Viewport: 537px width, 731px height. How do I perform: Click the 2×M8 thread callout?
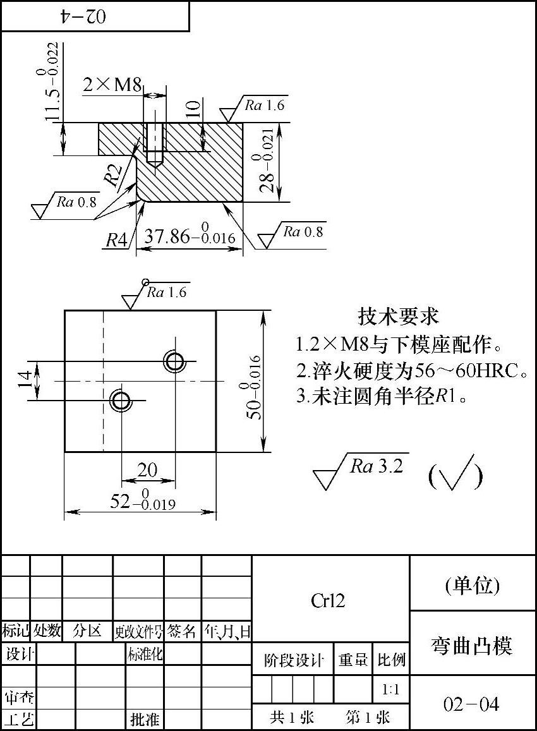coord(112,85)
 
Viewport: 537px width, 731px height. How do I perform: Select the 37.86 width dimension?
coord(190,237)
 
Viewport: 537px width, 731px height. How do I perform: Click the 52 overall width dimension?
coord(143,502)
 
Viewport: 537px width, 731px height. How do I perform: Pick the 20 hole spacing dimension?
coord(147,470)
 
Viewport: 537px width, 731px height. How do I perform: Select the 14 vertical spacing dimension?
coord(25,380)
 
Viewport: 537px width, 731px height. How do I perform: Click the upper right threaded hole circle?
coord(174,361)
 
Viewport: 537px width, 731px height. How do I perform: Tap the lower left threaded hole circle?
coord(119,399)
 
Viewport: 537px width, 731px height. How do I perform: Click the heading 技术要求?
coord(398,315)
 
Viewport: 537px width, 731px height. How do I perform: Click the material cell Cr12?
coord(329,600)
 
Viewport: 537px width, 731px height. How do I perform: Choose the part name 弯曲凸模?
coord(472,645)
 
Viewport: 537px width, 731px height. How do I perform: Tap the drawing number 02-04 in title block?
coord(471,704)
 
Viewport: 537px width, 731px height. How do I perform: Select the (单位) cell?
coord(472,586)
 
